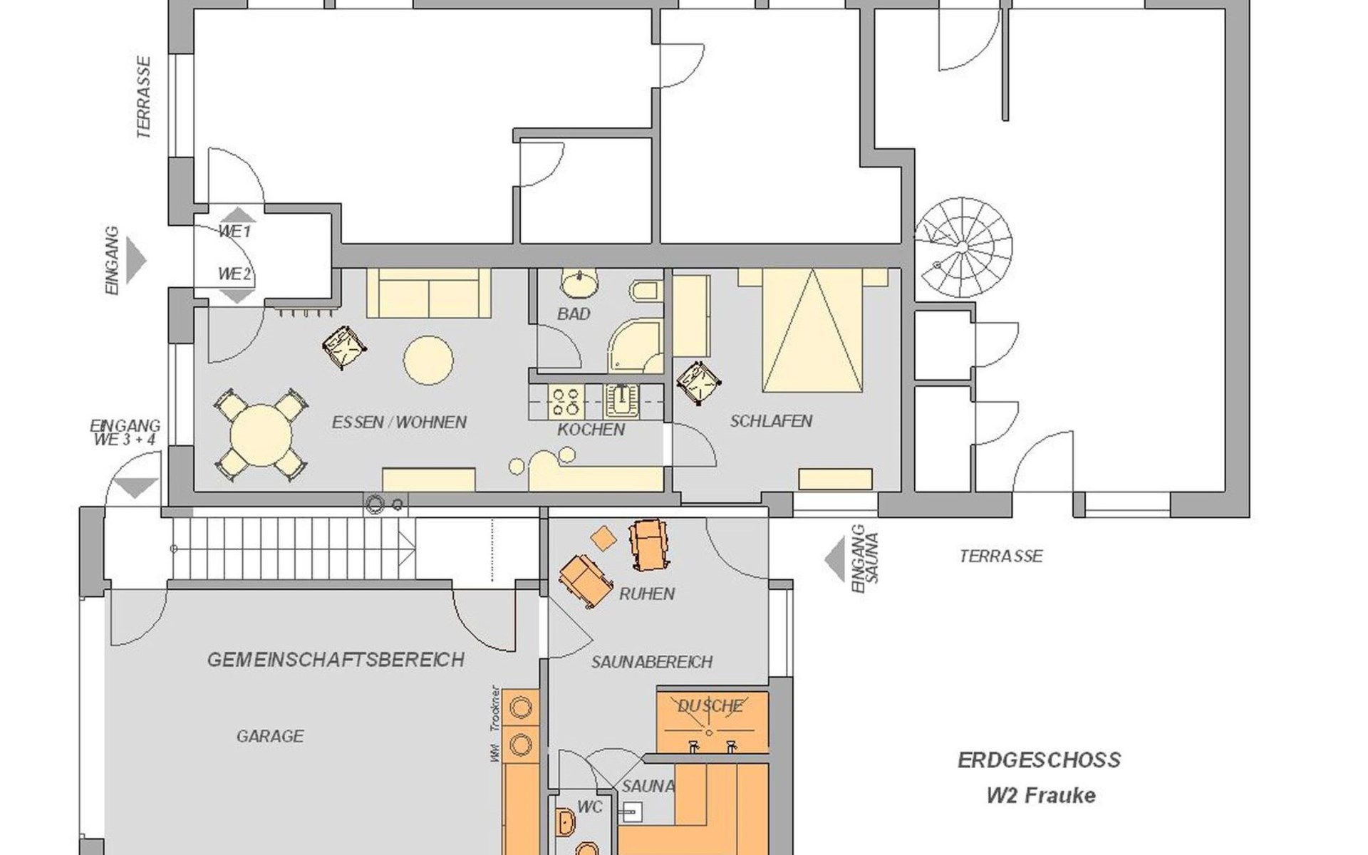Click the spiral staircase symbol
point(963,247)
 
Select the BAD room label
point(574,313)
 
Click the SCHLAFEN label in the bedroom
point(771,421)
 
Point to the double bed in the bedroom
point(812,331)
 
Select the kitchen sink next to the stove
point(621,401)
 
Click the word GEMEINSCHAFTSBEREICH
point(336,660)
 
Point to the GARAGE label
point(270,736)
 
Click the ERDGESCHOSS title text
point(1039,760)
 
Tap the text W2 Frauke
point(1041,795)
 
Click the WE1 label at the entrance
point(234,232)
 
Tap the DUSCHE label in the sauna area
point(710,706)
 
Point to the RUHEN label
point(646,594)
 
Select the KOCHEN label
point(591,430)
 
